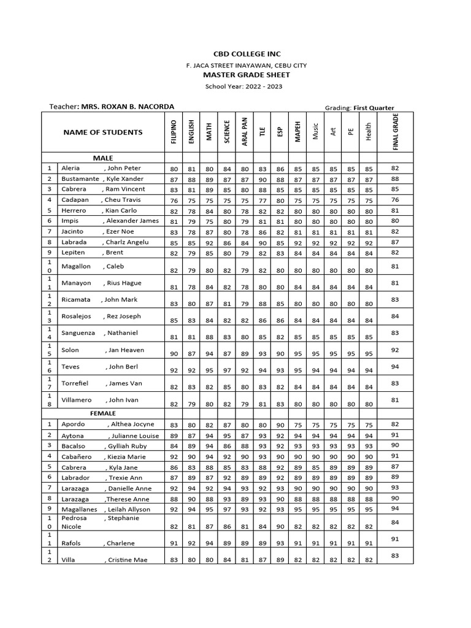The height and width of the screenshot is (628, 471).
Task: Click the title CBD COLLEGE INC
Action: click(235, 54)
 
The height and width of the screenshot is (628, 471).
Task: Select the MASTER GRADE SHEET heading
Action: click(235, 75)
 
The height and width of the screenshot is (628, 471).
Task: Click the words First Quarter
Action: click(373, 107)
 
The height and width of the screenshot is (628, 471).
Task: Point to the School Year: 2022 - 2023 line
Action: click(235, 86)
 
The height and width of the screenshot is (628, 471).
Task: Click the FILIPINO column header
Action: click(174, 132)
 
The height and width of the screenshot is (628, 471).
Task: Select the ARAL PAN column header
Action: click(244, 132)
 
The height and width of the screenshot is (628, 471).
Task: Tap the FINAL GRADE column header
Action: click(395, 132)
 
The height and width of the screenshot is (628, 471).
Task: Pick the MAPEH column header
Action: click(297, 132)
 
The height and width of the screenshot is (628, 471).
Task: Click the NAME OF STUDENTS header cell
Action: click(103, 132)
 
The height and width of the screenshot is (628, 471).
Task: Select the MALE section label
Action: click(103, 158)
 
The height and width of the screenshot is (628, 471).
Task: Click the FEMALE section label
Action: click(103, 413)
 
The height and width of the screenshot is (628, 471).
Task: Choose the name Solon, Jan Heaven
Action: click(102, 350)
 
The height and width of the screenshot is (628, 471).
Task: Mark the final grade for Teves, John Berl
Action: click(395, 366)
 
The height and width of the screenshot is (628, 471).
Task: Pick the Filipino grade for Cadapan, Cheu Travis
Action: click(174, 200)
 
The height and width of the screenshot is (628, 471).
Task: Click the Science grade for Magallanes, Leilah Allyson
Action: click(226, 509)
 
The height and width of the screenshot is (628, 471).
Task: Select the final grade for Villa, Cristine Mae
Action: click(395, 555)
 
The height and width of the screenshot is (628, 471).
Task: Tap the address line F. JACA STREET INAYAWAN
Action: click(235, 65)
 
